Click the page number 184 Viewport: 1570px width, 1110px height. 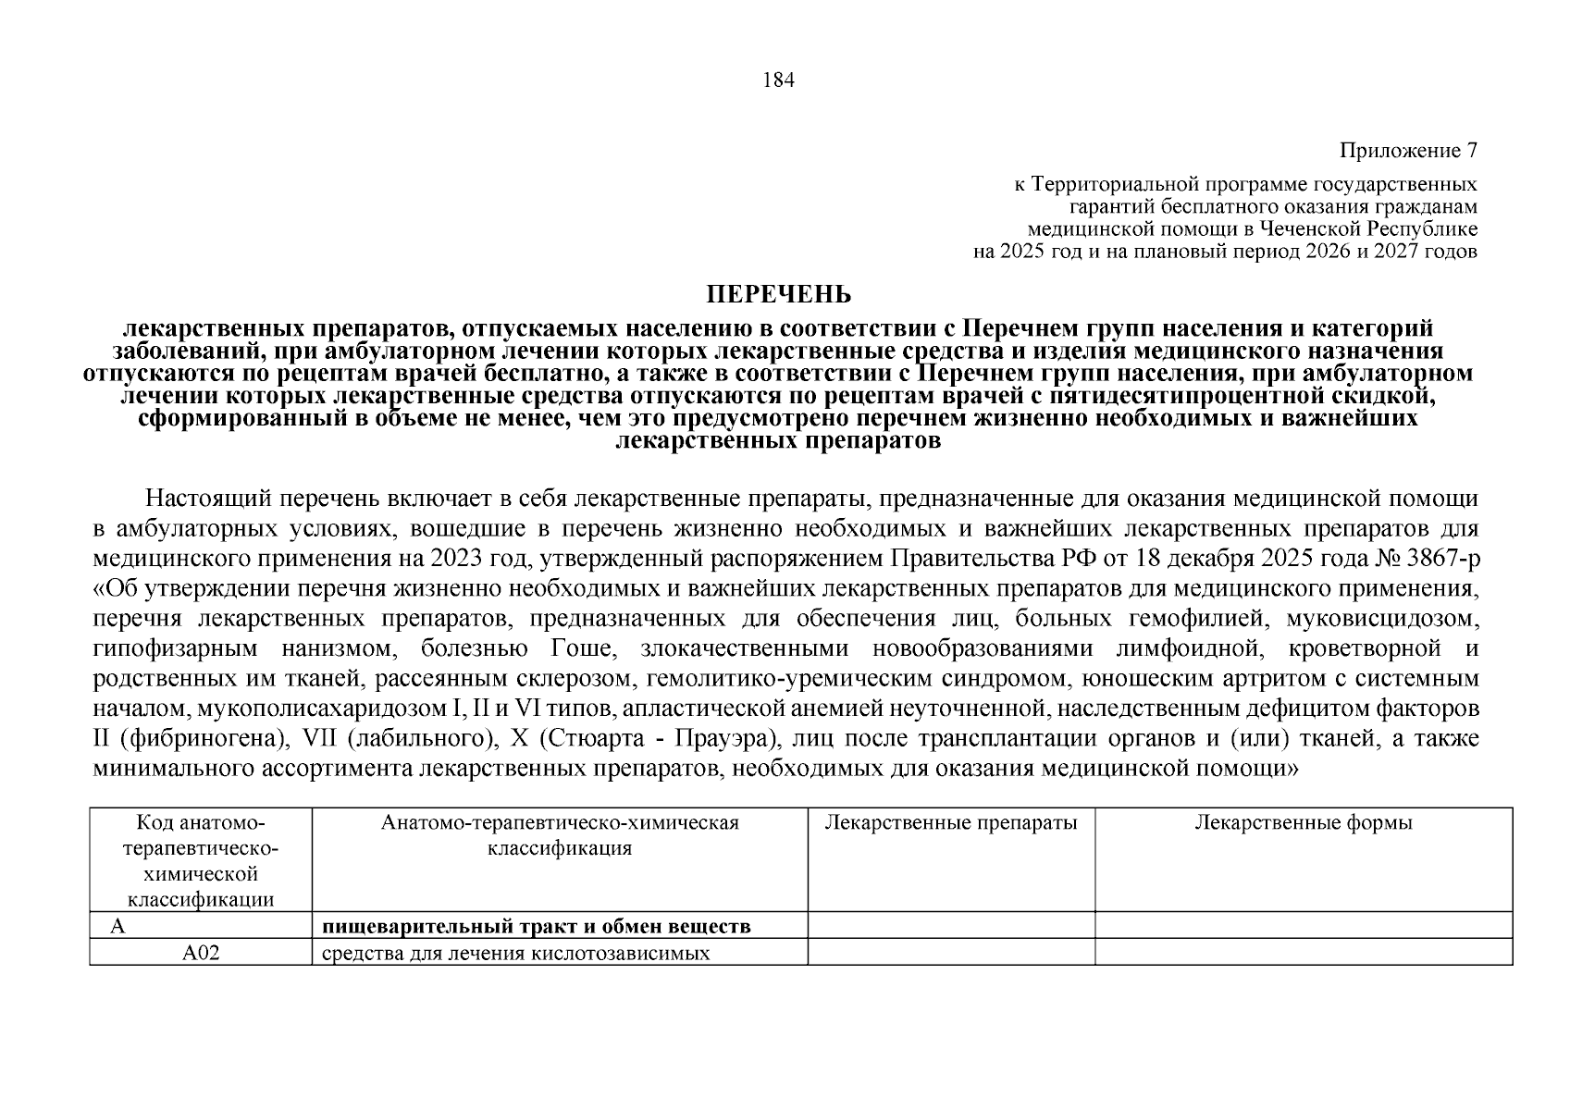pyautogui.click(x=778, y=80)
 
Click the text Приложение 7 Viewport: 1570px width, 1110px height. pyautogui.click(x=1407, y=150)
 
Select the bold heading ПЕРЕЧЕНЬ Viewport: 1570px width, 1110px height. pyautogui.click(x=778, y=295)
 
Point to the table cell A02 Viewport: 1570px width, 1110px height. pyautogui.click(x=201, y=953)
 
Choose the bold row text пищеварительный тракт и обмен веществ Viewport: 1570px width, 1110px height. pyautogui.click(x=536, y=926)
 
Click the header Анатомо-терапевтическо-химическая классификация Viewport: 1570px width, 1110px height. pyautogui.click(x=560, y=835)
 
